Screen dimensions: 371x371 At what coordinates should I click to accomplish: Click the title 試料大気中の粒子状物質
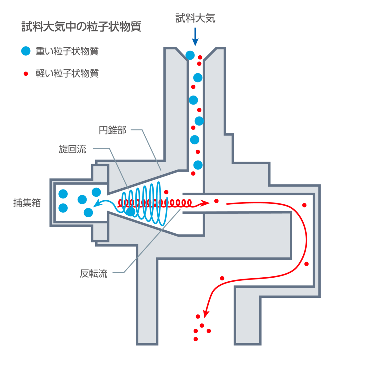coord(81,27)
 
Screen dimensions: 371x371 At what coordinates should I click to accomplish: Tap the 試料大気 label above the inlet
coord(195,18)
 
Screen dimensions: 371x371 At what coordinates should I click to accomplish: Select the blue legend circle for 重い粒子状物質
coord(26,51)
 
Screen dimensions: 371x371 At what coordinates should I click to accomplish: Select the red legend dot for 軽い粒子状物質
coord(26,74)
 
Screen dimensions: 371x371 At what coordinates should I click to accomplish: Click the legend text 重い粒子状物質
coord(67,51)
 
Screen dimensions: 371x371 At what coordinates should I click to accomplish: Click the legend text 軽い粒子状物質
coord(67,74)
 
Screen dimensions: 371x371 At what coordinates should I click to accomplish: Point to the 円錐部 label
coord(113,130)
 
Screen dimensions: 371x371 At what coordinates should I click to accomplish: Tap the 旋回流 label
coord(72,150)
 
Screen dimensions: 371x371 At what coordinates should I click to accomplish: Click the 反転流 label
coord(93,274)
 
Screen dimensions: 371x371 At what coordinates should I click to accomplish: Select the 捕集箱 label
coord(27,203)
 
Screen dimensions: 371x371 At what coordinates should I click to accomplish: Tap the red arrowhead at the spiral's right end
coord(206,203)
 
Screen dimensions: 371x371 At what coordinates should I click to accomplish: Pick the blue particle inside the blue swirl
coord(131,212)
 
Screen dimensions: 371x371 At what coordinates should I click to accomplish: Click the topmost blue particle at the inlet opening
coord(190,55)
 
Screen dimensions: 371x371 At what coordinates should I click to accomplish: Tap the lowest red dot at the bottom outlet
coord(195,339)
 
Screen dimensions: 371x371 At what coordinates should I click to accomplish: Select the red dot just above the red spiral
coord(166,192)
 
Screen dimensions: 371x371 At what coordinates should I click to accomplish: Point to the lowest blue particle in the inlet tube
coord(198,165)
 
